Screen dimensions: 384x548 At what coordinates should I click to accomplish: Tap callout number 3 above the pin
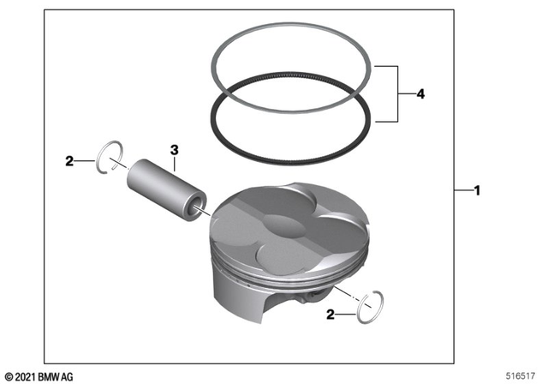(x=174, y=150)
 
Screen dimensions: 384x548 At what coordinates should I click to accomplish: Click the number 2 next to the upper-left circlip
(x=69, y=159)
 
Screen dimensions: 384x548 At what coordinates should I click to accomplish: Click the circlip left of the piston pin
(x=107, y=158)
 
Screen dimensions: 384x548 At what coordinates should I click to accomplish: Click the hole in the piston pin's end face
(x=200, y=206)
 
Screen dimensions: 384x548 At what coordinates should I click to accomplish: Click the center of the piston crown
(x=287, y=223)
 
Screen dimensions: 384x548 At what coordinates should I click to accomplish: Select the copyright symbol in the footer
(x=9, y=375)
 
